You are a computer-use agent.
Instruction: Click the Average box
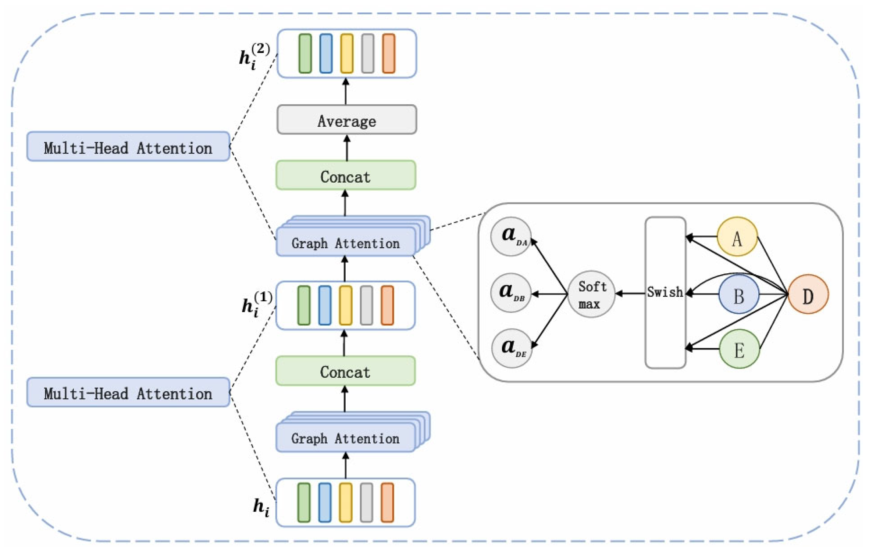(x=346, y=120)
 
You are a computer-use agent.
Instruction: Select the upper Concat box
(x=346, y=176)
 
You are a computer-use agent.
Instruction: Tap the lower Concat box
(x=345, y=371)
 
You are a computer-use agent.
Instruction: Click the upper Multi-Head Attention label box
(x=128, y=147)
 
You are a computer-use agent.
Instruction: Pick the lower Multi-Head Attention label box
(x=128, y=392)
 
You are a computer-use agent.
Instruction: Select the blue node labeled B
(x=738, y=294)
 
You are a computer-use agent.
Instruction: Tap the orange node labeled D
(x=808, y=294)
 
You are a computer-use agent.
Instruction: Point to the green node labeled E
(x=739, y=349)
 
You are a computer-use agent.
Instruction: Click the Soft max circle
(x=591, y=294)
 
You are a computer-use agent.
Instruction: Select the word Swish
(x=665, y=292)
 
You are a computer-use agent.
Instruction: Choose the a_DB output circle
(x=510, y=293)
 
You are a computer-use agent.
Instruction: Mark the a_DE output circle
(x=512, y=348)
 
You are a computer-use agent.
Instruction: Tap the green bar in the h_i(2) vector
(x=305, y=53)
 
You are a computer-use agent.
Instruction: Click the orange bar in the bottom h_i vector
(x=387, y=503)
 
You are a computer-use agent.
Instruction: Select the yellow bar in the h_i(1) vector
(x=345, y=305)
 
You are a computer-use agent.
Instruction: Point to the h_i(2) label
(x=254, y=56)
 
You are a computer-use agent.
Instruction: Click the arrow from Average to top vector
(x=345, y=92)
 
